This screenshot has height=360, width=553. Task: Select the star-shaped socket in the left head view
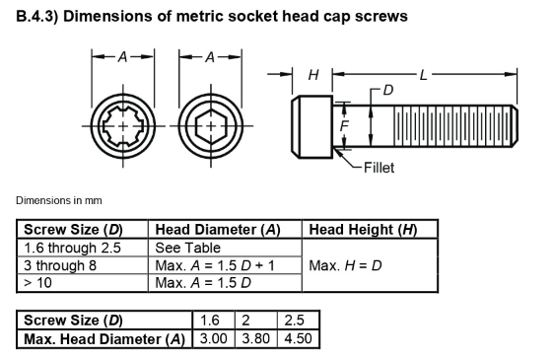coord(122,128)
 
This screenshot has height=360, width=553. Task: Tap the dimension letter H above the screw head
coord(312,75)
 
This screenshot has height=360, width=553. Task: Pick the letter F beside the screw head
coord(344,126)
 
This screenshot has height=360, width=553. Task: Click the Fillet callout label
coord(379,168)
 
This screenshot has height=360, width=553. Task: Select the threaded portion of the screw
coord(453,126)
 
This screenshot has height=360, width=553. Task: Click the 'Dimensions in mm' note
coord(58,201)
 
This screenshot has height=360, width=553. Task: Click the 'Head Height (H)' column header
coord(363,231)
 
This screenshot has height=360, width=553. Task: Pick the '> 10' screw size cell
coord(38,283)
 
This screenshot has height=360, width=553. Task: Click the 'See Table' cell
coord(188,248)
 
